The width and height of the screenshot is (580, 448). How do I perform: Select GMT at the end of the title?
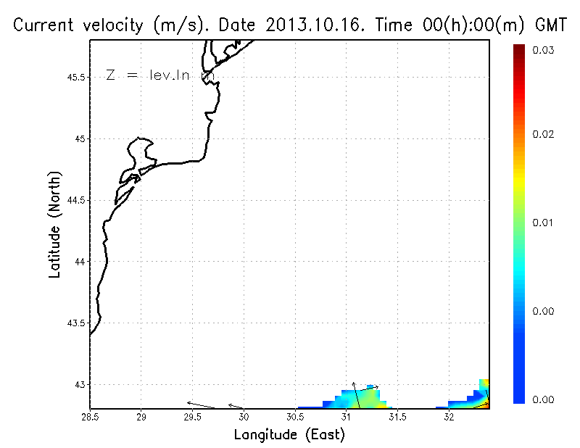[x=549, y=25]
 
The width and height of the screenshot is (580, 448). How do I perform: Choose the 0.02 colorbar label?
[x=544, y=134]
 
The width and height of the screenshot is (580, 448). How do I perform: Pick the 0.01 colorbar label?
[x=544, y=223]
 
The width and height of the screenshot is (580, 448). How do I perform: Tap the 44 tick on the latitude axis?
[x=80, y=262]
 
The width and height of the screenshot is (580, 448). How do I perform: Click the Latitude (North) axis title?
[x=55, y=224]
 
